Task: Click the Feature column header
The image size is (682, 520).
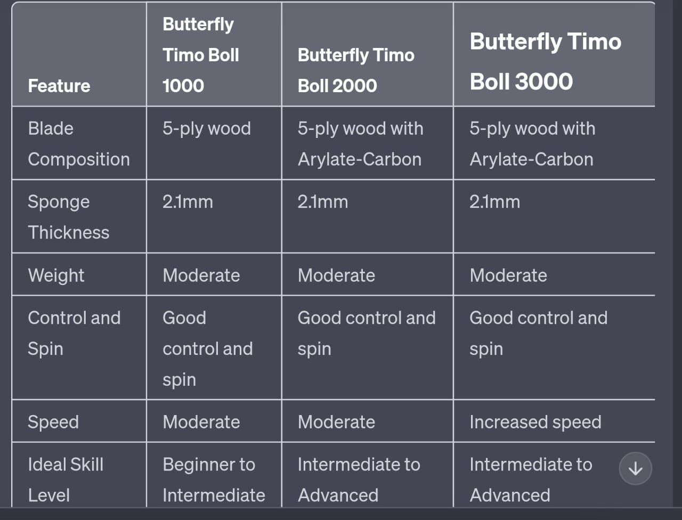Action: pos(59,86)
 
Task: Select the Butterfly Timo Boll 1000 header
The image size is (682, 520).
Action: pos(201,55)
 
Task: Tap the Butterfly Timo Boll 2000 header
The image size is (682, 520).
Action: pos(355,70)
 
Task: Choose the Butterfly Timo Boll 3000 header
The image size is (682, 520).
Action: pos(545,61)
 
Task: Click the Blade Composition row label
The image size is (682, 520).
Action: pos(78,144)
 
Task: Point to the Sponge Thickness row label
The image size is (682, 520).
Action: pos(68,217)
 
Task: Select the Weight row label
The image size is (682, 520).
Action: pos(56,275)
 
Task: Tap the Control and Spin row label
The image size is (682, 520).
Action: pos(74,333)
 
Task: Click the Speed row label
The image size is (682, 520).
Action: pos(53,422)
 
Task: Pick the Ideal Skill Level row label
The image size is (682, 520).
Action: pos(66,480)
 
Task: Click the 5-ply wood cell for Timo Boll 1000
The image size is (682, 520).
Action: pos(207,128)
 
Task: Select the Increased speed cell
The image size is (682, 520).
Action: pos(535,422)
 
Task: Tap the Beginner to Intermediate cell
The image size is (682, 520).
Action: pos(213,480)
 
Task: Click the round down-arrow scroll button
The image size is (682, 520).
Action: pos(635,468)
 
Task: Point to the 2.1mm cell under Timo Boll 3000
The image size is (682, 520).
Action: pos(494,202)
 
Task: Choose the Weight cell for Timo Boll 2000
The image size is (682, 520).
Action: pos(336,275)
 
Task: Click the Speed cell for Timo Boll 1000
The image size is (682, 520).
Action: pos(201,422)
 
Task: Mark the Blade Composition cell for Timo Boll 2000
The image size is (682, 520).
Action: pos(360,144)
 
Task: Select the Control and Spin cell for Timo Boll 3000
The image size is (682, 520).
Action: pos(538,333)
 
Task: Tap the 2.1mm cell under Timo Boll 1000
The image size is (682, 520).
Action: pos(188,202)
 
